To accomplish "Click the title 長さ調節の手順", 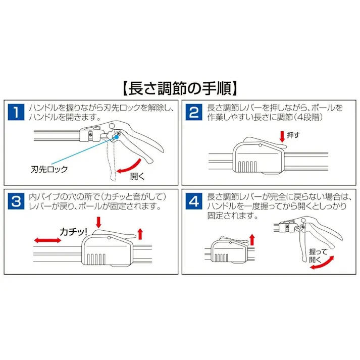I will [180, 89].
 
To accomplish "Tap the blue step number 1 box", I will [17, 112].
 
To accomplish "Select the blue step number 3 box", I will [17, 201].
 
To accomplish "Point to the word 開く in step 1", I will [137, 176].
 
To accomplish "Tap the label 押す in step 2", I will [293, 135].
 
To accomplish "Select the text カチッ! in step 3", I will [74, 232].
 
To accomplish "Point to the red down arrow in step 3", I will [98, 222].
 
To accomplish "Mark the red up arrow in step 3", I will [140, 233].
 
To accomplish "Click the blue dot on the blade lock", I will [117, 135].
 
